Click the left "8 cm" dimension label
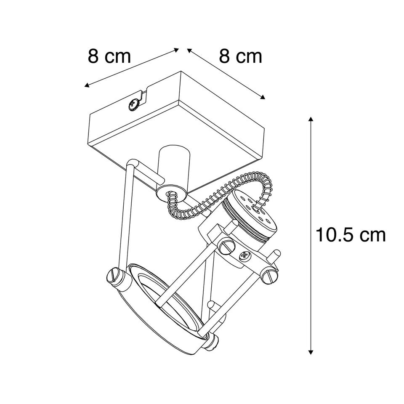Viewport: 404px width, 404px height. click(109, 57)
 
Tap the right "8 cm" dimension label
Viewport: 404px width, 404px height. click(240, 57)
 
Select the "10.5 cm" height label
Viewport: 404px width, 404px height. click(351, 235)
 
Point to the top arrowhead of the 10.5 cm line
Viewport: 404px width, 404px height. click(311, 119)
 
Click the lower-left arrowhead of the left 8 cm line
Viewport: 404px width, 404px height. click(87, 85)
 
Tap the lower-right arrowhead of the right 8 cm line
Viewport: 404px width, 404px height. click(262, 97)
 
